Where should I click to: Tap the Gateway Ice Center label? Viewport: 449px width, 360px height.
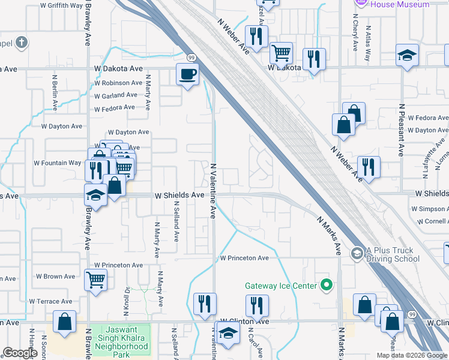[x=280, y=286]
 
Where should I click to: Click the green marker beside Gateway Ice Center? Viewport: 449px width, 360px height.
[x=327, y=285]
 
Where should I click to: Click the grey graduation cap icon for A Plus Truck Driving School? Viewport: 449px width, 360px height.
[x=357, y=253]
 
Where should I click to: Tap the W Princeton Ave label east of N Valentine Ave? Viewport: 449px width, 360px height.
[x=244, y=258]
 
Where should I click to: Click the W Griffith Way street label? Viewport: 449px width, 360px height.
[x=61, y=5]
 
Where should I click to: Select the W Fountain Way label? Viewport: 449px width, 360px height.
[x=57, y=163]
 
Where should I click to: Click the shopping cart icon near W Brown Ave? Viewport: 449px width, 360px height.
[x=96, y=279]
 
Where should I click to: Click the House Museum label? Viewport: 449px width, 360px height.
[x=400, y=5]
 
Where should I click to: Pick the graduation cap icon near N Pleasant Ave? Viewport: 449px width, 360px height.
[x=407, y=55]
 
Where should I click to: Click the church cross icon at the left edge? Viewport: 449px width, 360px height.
[x=22, y=43]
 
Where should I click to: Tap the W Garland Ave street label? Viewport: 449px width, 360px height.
[x=115, y=95]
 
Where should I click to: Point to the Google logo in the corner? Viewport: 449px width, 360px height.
[x=20, y=353]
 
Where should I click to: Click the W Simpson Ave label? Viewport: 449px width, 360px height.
[x=429, y=209]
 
